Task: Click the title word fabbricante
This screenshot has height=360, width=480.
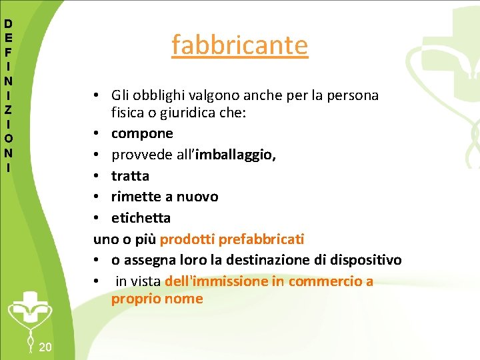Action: tap(239, 45)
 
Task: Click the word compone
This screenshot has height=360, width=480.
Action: tap(142, 133)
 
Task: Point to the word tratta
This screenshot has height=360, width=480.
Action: tap(130, 176)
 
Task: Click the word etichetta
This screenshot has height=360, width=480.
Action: tap(141, 217)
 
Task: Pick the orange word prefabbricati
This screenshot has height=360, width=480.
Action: tap(261, 238)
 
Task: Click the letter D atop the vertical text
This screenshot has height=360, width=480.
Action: tap(8, 23)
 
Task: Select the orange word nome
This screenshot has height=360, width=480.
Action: tap(184, 299)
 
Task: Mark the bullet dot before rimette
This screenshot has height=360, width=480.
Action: tap(97, 197)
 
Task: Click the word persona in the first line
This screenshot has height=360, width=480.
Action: tap(355, 95)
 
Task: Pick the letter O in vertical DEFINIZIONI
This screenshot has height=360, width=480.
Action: tap(8, 138)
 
